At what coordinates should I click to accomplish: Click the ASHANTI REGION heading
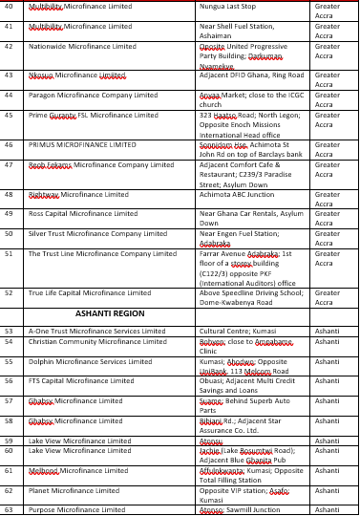tap(111, 312)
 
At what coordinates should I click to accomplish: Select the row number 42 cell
tap(9, 46)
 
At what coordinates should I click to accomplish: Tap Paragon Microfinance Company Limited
tap(94, 95)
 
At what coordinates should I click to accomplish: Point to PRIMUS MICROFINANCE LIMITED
tap(83, 144)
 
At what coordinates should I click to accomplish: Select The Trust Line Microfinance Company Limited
tap(102, 253)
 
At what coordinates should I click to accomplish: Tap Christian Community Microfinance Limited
tap(92, 341)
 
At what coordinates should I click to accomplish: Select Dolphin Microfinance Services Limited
tap(91, 361)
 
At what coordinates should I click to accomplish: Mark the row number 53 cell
tap(9, 331)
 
